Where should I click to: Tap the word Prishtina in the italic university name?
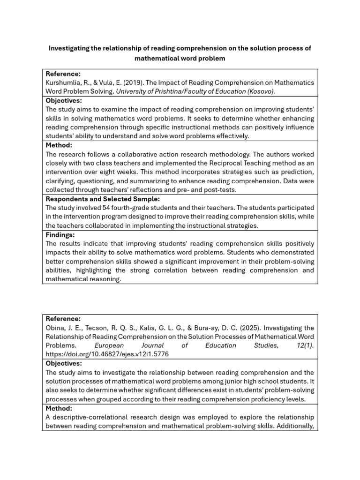click(164, 91)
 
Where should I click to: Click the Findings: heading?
click(60, 235)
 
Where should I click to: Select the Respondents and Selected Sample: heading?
click(103, 199)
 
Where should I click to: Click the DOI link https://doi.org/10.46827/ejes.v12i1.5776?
click(107, 354)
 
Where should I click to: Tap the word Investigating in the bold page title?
click(72, 49)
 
